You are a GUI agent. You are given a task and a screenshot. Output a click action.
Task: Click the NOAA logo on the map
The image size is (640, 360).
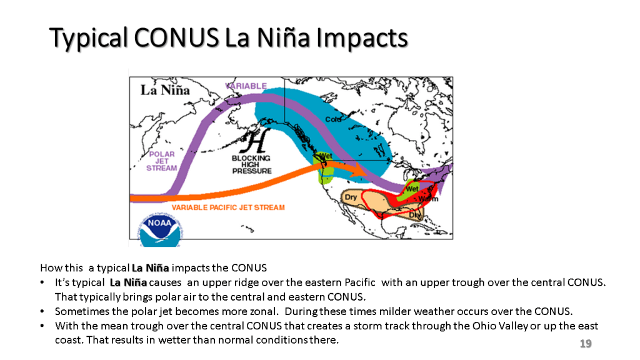[161, 230]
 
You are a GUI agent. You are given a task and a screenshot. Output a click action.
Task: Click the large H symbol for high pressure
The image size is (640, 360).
[256, 141]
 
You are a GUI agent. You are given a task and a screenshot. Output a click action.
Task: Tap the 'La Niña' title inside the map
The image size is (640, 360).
[165, 90]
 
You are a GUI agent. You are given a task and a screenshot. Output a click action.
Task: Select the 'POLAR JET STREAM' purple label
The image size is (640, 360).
[162, 161]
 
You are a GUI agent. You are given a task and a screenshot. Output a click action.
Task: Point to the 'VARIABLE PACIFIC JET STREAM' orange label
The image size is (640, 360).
[228, 207]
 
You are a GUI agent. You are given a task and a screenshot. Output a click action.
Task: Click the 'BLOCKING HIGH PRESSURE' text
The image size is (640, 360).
[251, 164]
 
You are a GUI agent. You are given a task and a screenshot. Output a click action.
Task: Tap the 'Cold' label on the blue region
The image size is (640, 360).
[333, 119]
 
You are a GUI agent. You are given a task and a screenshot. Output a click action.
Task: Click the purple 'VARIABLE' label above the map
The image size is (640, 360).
[246, 86]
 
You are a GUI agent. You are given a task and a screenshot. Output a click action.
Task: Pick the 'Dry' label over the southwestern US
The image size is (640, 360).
[351, 197]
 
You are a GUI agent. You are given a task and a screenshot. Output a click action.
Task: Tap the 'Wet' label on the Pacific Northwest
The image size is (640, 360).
[326, 156]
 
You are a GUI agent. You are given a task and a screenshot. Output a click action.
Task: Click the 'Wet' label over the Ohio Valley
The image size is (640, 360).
[412, 189]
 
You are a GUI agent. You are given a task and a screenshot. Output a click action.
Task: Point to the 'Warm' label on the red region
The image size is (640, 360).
[428, 199]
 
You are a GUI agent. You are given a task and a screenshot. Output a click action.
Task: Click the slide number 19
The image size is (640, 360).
[586, 344]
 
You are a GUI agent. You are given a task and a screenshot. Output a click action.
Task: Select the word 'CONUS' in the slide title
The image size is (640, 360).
[176, 37]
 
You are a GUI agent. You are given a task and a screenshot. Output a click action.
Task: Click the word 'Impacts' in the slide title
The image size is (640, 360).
[362, 38]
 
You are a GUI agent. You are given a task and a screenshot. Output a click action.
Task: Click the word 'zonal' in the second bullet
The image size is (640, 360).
[264, 311]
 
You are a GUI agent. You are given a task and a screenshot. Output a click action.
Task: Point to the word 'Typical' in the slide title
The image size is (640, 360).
[89, 38]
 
